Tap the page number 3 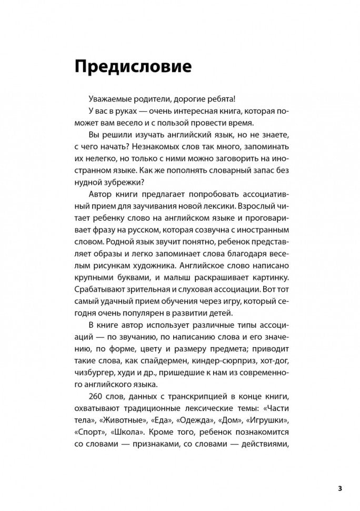[x=340, y=488]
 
